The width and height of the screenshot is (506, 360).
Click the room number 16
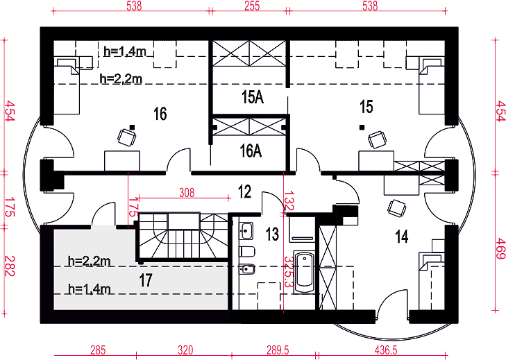(x=160, y=114)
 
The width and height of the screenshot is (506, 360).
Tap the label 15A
(x=253, y=97)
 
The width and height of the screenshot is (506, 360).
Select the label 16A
(x=251, y=151)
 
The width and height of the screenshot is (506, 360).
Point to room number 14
(x=402, y=237)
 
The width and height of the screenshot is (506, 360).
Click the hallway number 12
(x=244, y=191)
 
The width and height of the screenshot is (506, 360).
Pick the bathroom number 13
(x=272, y=234)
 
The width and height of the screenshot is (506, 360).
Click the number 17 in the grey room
(x=146, y=280)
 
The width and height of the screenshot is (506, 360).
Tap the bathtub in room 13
(x=304, y=273)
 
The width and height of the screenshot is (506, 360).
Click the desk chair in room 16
(x=126, y=137)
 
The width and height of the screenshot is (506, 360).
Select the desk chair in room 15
(x=377, y=139)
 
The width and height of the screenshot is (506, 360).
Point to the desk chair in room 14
(x=396, y=208)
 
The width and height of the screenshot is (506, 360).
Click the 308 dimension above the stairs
(x=187, y=193)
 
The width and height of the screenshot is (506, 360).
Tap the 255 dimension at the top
(x=252, y=6)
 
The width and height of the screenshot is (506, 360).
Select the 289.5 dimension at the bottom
(x=278, y=350)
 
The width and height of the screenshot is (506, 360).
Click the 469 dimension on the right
(x=500, y=248)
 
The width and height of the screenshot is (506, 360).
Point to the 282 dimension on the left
(x=10, y=266)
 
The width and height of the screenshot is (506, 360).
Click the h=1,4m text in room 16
(x=124, y=51)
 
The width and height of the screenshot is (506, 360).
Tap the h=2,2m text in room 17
(x=89, y=261)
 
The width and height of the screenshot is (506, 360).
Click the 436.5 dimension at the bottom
(x=386, y=350)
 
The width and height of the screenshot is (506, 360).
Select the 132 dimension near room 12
(x=289, y=200)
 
